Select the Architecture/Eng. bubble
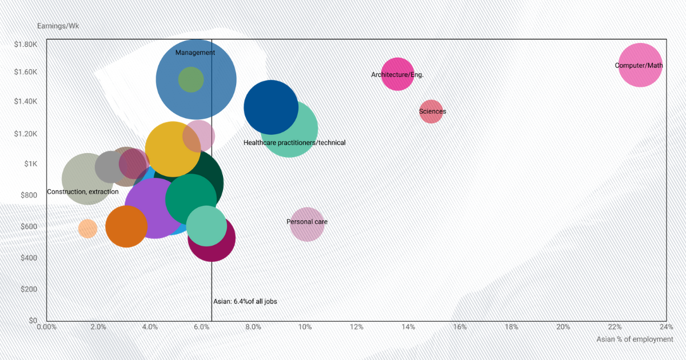point(397,74)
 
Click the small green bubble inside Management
point(190,79)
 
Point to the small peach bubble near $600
point(87,229)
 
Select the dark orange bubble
point(126,227)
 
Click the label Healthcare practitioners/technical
point(294,142)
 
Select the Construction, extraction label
point(83,191)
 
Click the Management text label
point(195,53)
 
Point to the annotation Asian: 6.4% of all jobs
point(245,301)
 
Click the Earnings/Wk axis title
point(58,26)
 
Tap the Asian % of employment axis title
point(634,339)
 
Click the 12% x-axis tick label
point(356,327)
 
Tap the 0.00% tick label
point(46,327)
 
